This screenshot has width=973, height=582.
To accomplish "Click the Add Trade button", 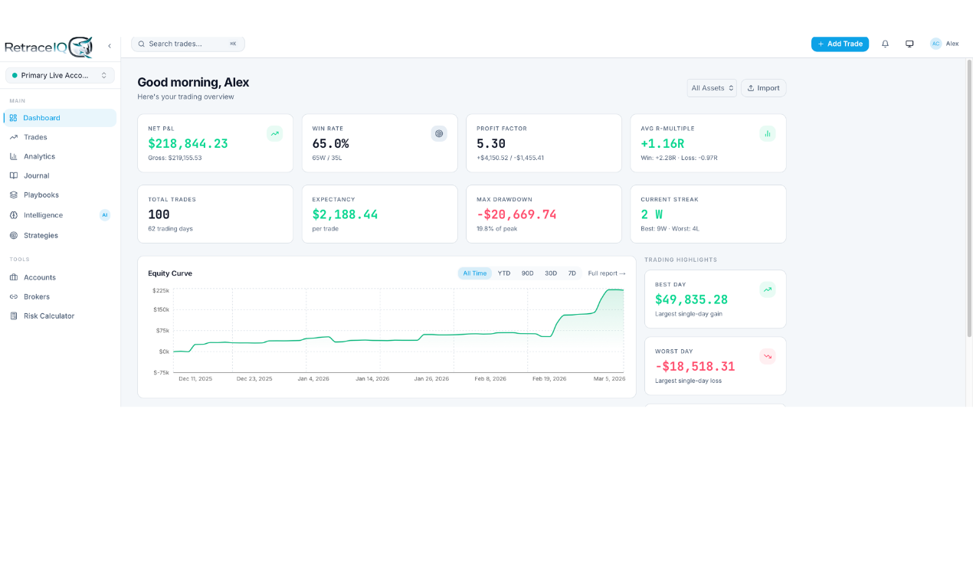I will pos(840,44).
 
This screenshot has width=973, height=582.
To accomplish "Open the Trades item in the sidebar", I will pos(35,137).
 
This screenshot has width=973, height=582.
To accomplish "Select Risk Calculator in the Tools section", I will pos(49,316).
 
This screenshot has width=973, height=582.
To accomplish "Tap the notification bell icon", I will pos(885,44).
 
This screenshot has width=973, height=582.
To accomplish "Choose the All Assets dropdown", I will pos(712,88).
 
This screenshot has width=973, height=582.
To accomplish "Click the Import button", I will pos(763,88).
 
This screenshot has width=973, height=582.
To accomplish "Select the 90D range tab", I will pos(527,273).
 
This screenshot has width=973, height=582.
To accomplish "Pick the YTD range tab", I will pos(504,273).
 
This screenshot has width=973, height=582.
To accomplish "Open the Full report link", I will pos(606,273).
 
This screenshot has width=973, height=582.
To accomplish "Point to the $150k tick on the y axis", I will pos(161,309).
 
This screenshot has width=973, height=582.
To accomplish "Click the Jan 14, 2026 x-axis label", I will pos(372,378).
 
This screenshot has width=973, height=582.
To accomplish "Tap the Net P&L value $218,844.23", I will pos(188,143).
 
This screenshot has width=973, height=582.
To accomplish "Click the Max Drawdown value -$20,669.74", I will pos(516,214).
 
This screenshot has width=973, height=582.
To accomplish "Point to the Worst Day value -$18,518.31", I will pos(695,366).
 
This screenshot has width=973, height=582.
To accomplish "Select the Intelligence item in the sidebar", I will pos(43,215).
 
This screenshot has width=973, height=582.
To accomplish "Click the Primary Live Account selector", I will pos(60,75).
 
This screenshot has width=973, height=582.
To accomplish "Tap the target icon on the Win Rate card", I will pos(439,133).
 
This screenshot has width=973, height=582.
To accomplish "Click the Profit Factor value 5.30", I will pos(491,143).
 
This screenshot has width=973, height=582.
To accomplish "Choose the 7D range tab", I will pos(572,273).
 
